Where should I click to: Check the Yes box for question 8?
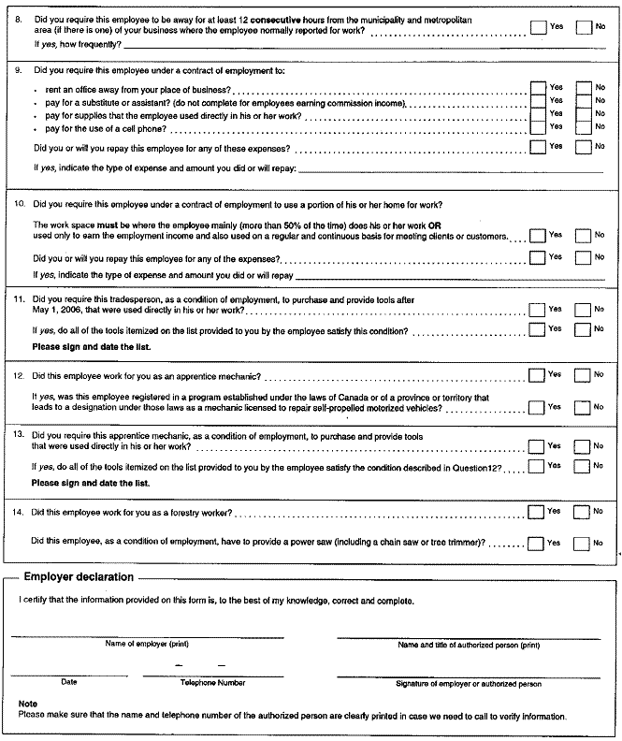click(x=538, y=28)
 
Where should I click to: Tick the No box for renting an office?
click(x=584, y=88)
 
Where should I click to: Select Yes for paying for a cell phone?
click(x=538, y=125)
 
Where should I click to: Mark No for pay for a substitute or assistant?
click(x=584, y=100)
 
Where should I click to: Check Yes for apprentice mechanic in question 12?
click(x=537, y=375)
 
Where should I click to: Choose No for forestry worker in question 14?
click(x=584, y=512)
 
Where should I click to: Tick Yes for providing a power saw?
click(x=537, y=543)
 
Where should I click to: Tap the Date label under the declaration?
click(x=69, y=682)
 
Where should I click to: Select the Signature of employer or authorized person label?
click(x=469, y=684)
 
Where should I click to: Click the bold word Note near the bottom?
click(x=27, y=703)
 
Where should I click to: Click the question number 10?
click(x=19, y=204)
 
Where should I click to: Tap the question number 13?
click(x=19, y=436)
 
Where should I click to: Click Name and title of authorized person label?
click(x=469, y=645)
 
